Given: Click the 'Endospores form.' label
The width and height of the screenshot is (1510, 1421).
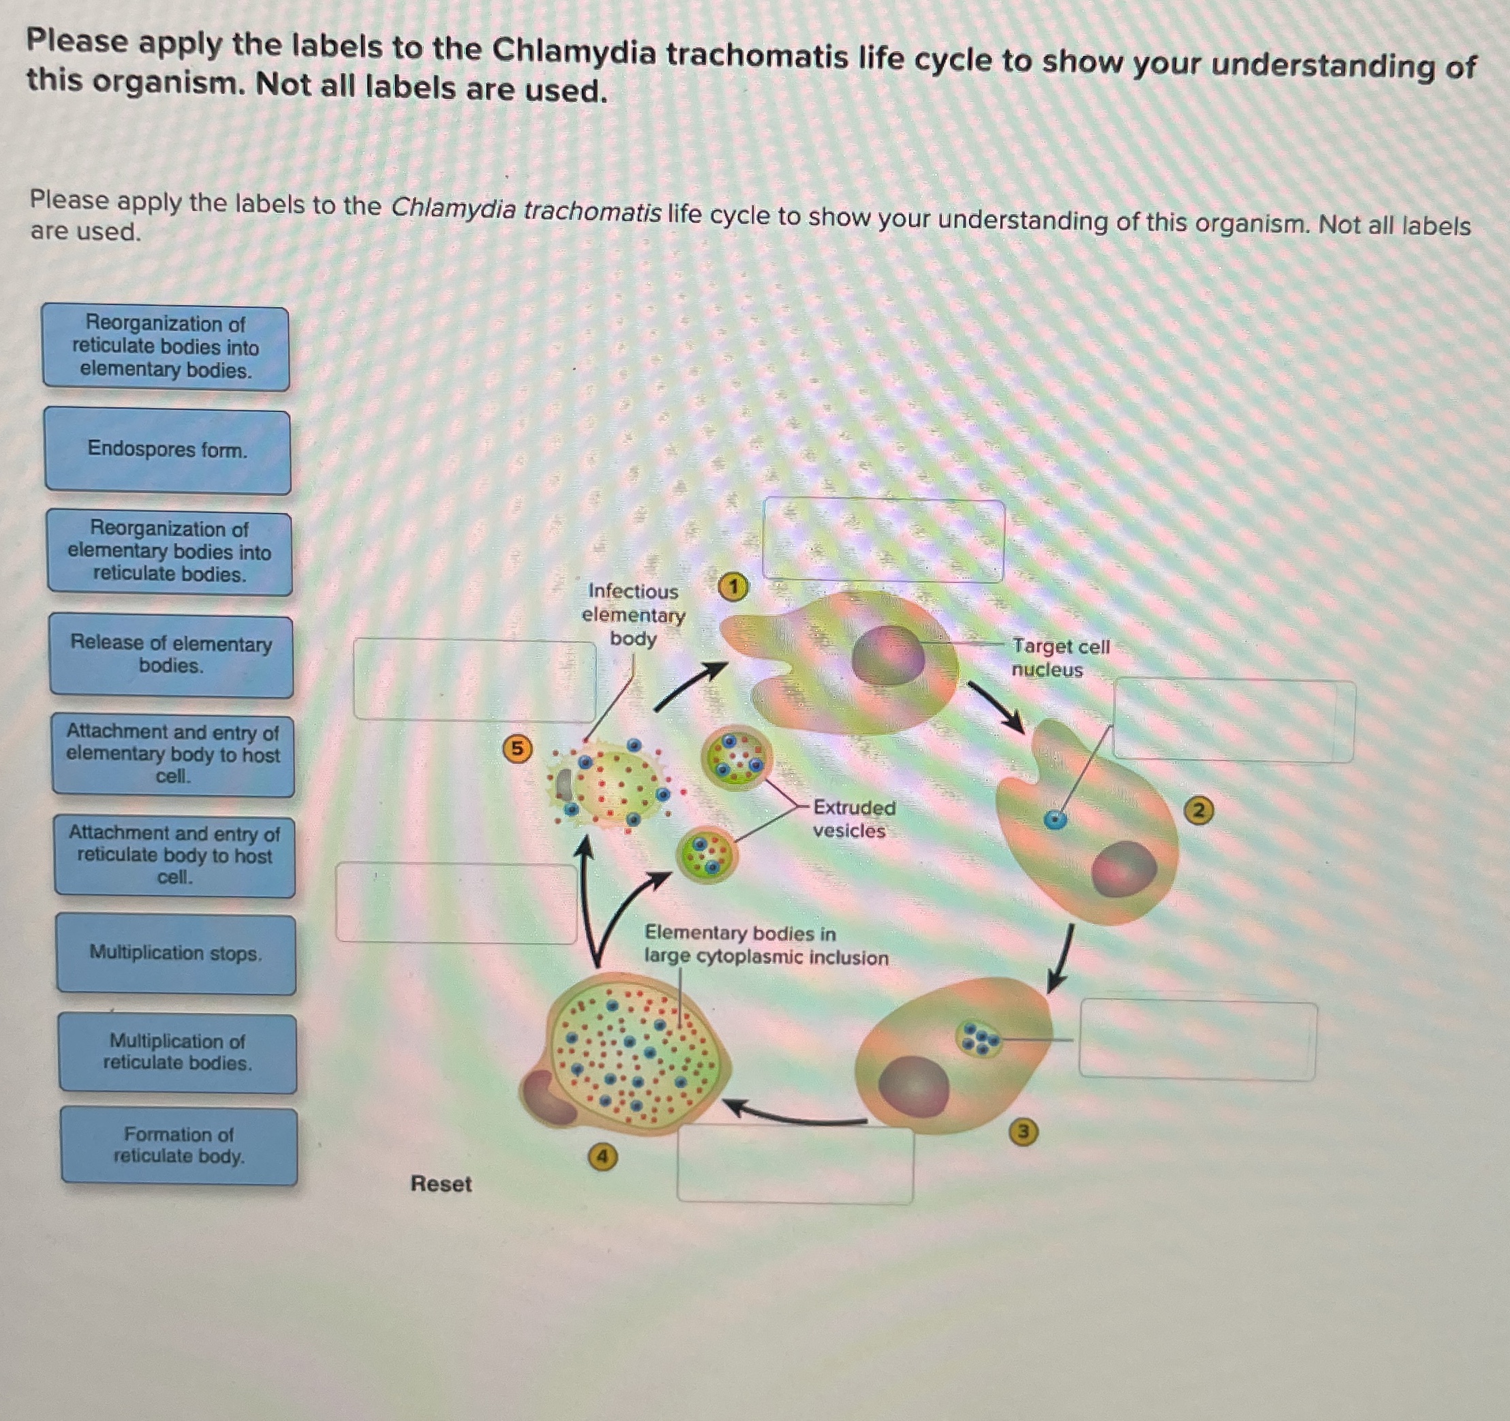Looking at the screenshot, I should click(167, 450).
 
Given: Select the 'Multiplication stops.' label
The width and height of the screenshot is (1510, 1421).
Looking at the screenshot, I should click(175, 953).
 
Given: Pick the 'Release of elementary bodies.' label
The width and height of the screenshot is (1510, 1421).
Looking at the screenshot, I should click(171, 655).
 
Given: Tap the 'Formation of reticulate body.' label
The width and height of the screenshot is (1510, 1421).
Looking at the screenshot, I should click(179, 1145).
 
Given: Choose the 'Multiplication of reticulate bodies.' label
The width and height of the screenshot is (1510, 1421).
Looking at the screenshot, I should click(178, 1052).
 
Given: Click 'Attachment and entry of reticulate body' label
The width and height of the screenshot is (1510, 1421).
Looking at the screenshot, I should click(174, 855).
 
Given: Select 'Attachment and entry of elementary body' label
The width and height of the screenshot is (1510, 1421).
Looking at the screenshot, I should click(173, 754).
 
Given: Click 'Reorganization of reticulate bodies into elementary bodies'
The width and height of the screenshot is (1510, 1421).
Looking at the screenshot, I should click(166, 347).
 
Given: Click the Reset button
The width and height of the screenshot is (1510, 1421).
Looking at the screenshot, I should click(441, 1183).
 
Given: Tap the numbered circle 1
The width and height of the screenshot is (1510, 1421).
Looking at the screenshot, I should click(733, 587).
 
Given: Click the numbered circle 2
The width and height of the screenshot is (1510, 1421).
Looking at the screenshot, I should click(1199, 811).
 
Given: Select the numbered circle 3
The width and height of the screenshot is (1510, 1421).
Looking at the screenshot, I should click(1023, 1132).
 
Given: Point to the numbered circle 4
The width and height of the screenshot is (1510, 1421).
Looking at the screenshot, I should click(602, 1157).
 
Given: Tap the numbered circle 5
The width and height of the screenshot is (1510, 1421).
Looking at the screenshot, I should click(517, 749).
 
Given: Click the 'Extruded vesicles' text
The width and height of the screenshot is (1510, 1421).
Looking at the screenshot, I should click(853, 819).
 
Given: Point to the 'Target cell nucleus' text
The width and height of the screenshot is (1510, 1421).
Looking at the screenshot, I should click(1060, 658).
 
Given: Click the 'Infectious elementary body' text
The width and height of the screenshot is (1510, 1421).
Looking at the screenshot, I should click(633, 614).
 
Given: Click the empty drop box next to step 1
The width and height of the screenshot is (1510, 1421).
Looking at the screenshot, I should click(883, 540).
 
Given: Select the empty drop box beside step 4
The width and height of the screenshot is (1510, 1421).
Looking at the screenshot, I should click(795, 1164).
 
